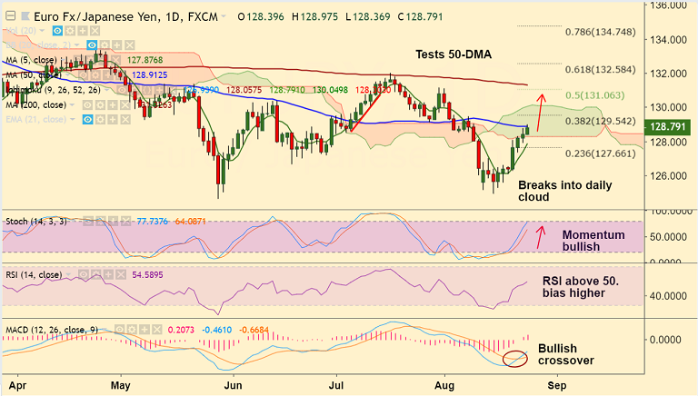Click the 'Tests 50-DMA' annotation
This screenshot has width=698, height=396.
pos(453,54)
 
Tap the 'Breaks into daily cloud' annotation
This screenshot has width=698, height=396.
pos(564,191)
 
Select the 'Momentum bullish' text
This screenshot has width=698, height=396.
pos(593,241)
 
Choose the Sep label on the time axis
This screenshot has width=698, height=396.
pos(558,385)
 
